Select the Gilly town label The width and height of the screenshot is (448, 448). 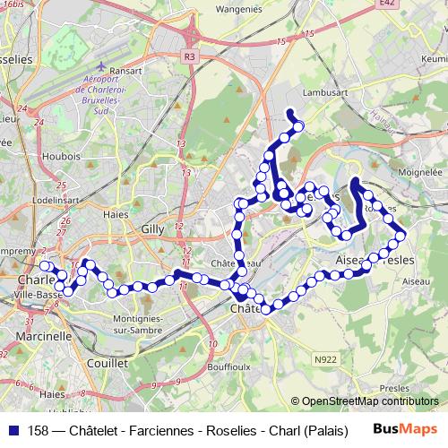(152, 228)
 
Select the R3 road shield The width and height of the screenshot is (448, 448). (187, 56)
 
